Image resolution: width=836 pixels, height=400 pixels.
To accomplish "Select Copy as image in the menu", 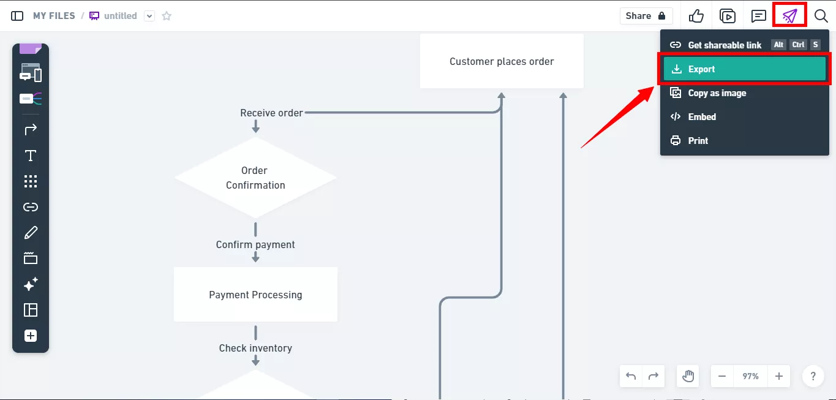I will pos(717,93).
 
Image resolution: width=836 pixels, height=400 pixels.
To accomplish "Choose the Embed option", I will pos(701,117).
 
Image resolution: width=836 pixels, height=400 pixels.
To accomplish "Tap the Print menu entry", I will pos(698,141).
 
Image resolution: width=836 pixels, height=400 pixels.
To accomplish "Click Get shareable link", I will pos(725,45).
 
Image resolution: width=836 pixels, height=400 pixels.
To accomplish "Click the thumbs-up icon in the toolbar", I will pos(696,16).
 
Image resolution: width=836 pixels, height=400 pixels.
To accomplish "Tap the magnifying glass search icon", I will pos(821,16).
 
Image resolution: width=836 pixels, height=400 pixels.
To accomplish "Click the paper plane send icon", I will pos(789,16).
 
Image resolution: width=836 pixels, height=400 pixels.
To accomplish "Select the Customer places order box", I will pos(502,61).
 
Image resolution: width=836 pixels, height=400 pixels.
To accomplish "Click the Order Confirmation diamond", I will pos(255,178).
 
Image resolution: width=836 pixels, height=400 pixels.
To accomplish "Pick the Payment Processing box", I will pos(255,295).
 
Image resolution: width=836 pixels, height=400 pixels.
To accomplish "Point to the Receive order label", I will pos(271,113).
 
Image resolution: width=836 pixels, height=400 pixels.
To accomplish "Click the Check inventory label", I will pos(255,348).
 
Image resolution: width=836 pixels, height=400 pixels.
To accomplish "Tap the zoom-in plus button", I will pos(778,376).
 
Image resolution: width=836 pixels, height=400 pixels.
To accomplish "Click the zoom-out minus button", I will pos(722,376).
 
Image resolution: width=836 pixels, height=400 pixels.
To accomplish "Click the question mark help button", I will pos(813,376).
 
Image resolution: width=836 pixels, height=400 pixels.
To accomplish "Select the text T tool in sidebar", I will pos(31,156).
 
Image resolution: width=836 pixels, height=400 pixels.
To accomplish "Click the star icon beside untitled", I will pos(167,16).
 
